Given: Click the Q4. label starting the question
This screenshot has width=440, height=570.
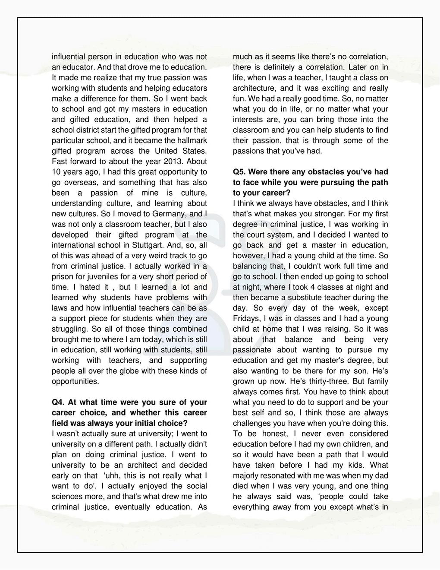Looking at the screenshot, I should pyautogui.click(x=59, y=402).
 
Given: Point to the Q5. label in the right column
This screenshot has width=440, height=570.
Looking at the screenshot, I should pyautogui.click(x=240, y=172).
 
